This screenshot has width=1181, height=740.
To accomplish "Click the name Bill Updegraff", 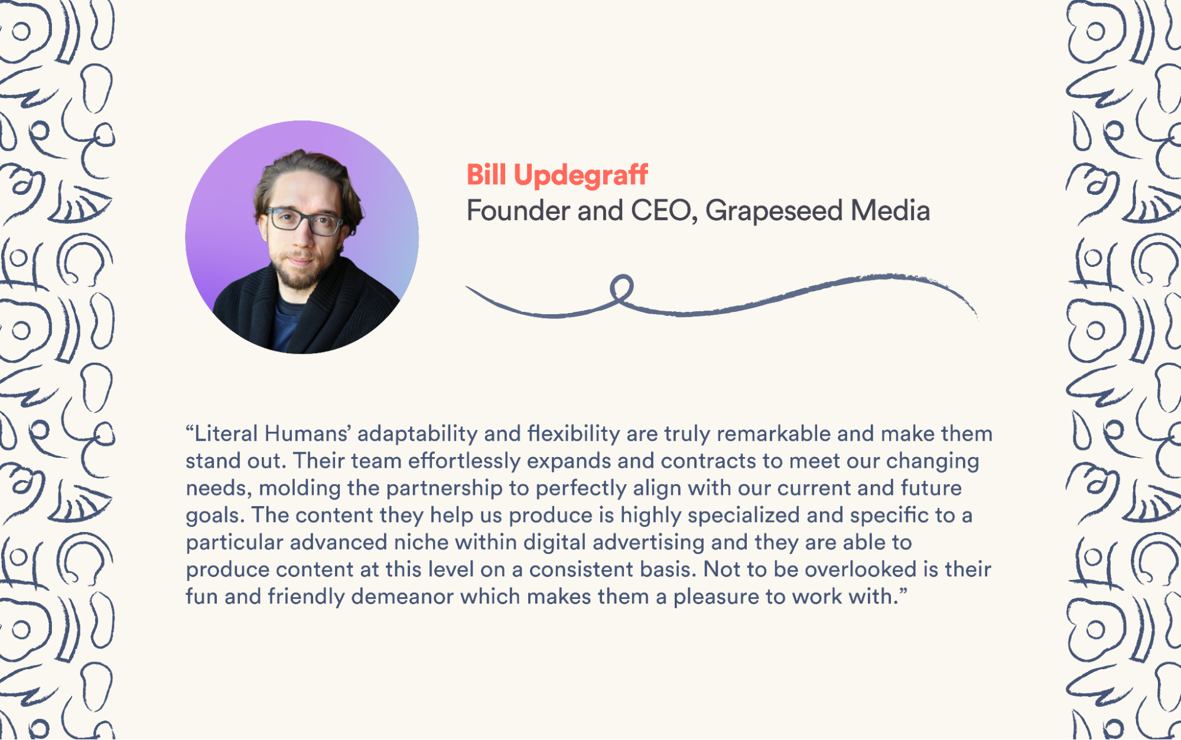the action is [557, 175].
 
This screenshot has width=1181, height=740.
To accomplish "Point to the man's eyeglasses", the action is [304, 221].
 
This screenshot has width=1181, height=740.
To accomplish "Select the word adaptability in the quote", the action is [418, 434].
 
